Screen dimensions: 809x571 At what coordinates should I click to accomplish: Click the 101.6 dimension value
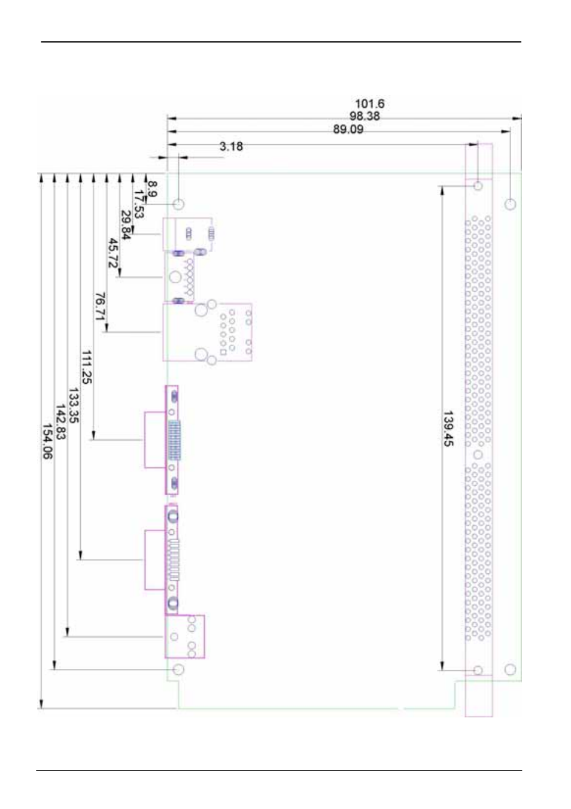[369, 104]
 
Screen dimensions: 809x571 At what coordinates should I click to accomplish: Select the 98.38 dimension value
[365, 116]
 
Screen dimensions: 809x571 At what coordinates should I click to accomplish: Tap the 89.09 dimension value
[348, 129]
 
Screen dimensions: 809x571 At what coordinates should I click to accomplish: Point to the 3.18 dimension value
[231, 146]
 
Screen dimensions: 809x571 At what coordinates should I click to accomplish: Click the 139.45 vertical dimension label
[448, 428]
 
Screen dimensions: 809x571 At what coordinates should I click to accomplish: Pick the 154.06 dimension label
[47, 441]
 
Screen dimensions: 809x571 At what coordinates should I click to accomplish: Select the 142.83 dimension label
[60, 422]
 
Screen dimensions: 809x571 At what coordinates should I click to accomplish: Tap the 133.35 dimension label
[73, 405]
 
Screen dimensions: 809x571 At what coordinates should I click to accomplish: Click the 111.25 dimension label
[86, 367]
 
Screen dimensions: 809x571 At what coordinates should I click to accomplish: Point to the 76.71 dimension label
[100, 306]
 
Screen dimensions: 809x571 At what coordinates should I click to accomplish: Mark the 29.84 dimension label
[126, 225]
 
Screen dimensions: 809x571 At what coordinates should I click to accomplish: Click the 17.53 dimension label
[139, 204]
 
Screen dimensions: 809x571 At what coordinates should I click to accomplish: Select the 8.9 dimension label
[152, 190]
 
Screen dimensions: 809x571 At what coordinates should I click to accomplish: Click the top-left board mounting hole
[178, 204]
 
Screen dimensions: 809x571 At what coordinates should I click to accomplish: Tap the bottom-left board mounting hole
[178, 669]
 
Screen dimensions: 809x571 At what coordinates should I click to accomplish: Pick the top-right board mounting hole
[510, 204]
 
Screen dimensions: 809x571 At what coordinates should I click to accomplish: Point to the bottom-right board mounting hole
[510, 669]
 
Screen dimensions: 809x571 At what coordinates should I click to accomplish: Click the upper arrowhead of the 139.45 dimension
[442, 190]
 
